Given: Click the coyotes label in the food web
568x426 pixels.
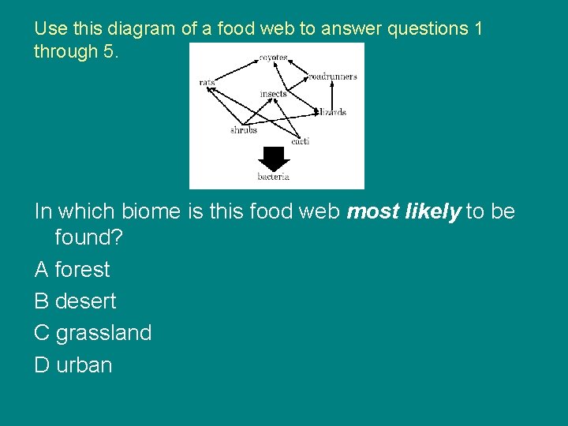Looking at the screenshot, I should (273, 58).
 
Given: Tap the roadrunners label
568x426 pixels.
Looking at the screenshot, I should (332, 77).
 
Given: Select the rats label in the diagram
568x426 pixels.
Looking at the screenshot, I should (207, 82).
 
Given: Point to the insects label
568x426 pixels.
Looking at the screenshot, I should (273, 95).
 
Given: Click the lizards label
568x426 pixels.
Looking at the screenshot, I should (332, 112).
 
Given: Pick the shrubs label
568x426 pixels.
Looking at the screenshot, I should (243, 130).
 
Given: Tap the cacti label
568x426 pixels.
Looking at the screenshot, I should (300, 141).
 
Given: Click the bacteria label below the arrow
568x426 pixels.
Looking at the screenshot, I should (273, 177).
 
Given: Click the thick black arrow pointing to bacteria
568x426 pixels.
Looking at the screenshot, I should (274, 158).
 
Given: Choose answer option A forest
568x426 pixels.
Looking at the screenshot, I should (73, 270).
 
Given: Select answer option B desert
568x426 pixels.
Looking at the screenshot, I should (75, 301).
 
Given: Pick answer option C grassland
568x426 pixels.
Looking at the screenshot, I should (93, 333).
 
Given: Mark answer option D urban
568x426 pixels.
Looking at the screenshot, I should (73, 365).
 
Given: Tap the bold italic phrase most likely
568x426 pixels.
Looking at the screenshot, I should (403, 211).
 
